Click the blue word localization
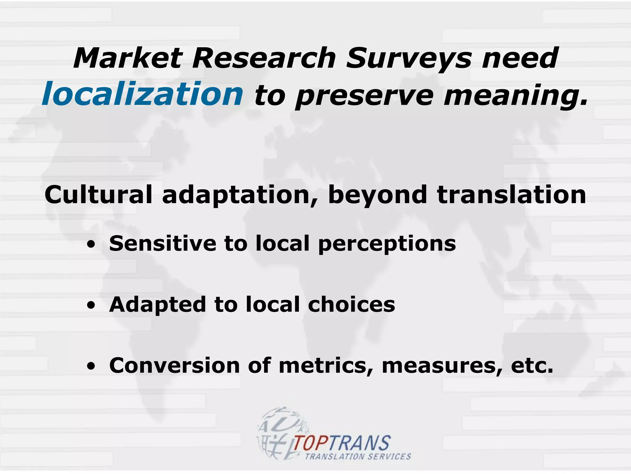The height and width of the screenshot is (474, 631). (x=142, y=94)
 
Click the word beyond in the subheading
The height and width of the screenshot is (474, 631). (x=377, y=195)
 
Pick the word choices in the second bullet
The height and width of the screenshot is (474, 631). (x=351, y=305)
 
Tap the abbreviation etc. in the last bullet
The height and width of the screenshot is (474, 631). (x=532, y=366)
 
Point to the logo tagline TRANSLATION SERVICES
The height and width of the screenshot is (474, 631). (x=358, y=456)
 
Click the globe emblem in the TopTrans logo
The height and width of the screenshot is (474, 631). (x=279, y=432)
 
